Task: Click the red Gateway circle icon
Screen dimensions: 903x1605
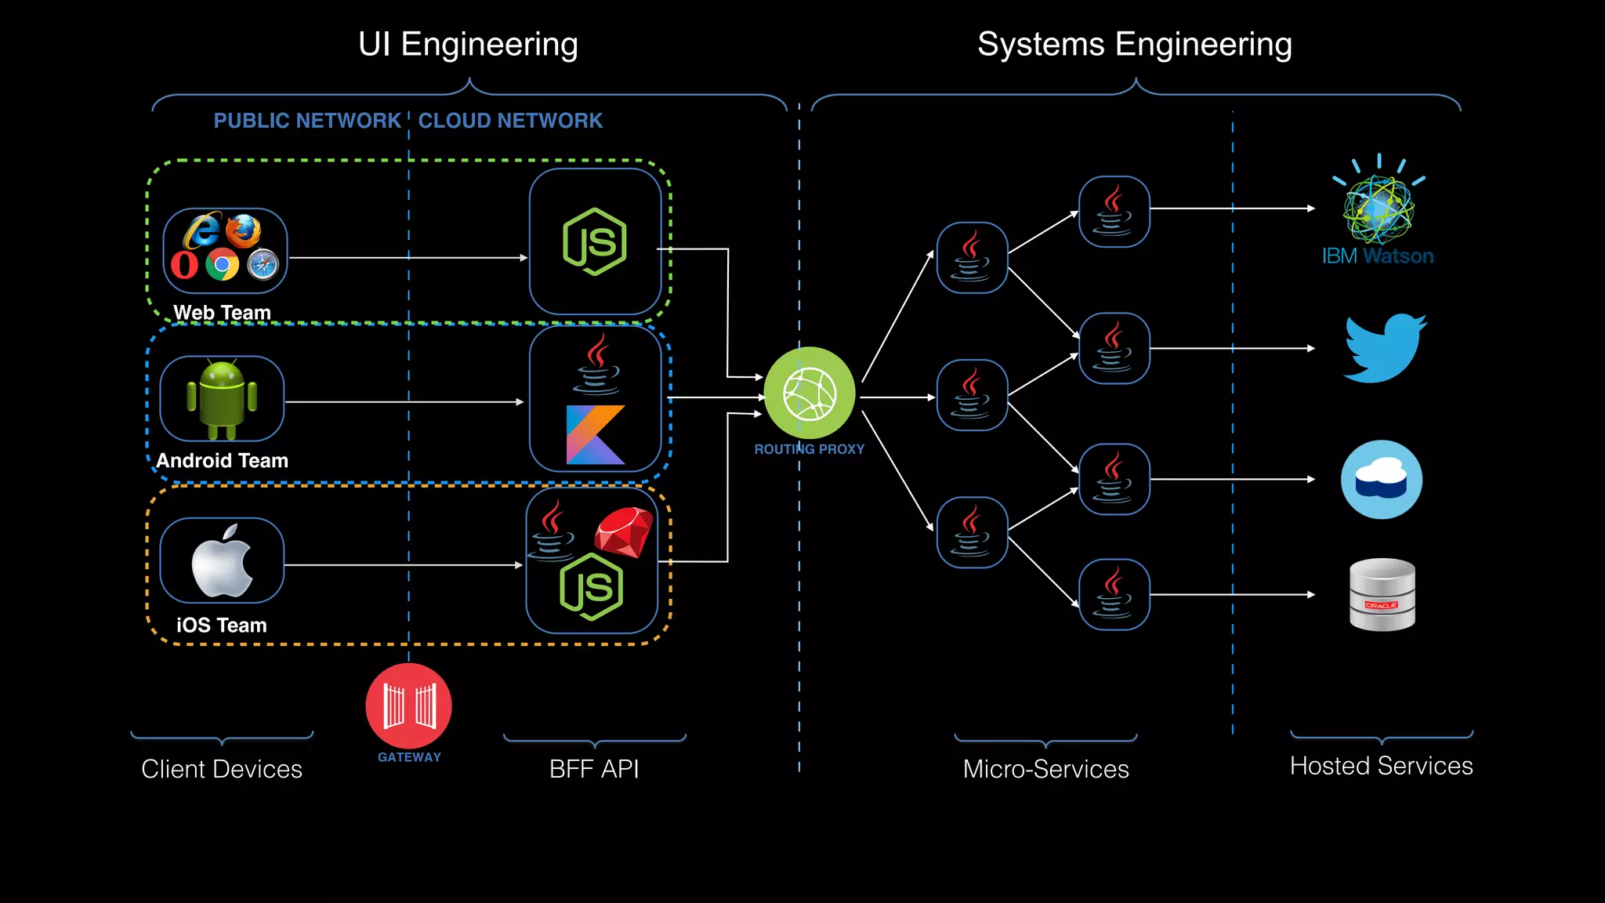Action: [x=408, y=705]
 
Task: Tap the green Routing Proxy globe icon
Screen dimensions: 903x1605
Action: [x=810, y=393]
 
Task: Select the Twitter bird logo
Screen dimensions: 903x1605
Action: [x=1385, y=349]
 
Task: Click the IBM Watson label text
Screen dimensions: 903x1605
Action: [x=1377, y=256]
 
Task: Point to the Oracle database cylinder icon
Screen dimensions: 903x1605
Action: [x=1382, y=595]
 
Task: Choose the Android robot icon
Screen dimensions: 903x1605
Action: [x=222, y=399]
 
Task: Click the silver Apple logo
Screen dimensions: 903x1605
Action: [x=222, y=561]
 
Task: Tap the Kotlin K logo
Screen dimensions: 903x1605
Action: [x=595, y=435]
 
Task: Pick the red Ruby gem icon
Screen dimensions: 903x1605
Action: [x=623, y=532]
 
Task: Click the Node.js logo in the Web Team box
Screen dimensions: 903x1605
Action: [x=595, y=241]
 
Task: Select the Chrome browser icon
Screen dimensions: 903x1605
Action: [x=222, y=265]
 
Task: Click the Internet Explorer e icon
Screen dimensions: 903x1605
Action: [x=202, y=230]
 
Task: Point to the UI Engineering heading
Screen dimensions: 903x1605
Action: [x=468, y=45]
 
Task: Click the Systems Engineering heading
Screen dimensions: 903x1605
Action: [x=1134, y=45]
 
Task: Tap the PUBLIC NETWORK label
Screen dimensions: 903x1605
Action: [x=307, y=121]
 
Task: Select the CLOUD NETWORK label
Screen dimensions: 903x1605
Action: [x=510, y=121]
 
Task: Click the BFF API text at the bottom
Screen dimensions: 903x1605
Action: [x=594, y=769]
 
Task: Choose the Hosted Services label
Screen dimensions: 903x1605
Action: [x=1381, y=766]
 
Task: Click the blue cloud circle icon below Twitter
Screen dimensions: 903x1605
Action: [x=1382, y=480]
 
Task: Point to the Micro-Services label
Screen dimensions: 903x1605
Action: [x=1045, y=769]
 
